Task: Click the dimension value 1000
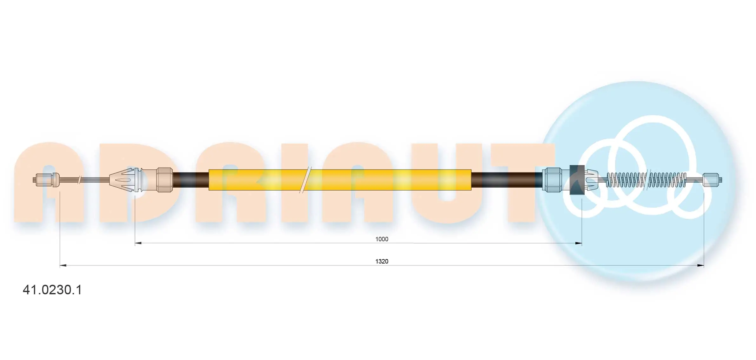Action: click(x=382, y=239)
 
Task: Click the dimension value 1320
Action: click(x=382, y=261)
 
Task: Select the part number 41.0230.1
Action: click(x=52, y=290)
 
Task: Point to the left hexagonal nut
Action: click(x=164, y=180)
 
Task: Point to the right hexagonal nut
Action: click(x=552, y=180)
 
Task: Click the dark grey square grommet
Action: click(x=577, y=180)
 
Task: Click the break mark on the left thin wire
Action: click(x=79, y=180)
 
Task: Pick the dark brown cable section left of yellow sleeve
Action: click(x=191, y=180)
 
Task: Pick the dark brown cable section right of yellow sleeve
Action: click(x=506, y=180)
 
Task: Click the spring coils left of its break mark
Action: click(x=626, y=180)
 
